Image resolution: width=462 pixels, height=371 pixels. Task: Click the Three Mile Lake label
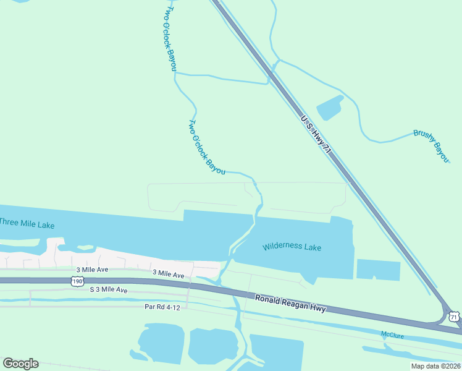pos(27,223)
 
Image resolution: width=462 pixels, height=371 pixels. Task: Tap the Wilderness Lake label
pos(292,247)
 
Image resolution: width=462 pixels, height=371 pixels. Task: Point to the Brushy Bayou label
pos(430,146)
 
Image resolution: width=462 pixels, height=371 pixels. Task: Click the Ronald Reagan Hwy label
pos(290,304)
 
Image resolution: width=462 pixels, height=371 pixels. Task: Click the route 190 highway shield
pos(77,281)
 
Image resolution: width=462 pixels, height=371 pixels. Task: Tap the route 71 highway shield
pos(454,317)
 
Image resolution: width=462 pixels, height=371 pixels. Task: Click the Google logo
pos(20,364)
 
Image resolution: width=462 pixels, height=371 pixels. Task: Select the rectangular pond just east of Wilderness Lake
pos(378,270)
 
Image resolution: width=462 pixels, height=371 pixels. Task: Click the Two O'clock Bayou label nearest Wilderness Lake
pos(206,147)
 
